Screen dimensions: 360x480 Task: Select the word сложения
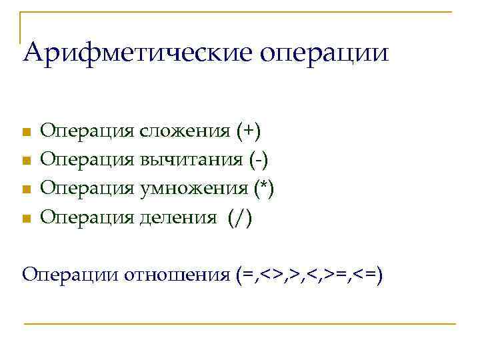186,131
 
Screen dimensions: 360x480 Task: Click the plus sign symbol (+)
249,131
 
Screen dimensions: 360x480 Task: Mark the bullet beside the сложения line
26,132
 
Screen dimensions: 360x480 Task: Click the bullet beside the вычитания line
26,161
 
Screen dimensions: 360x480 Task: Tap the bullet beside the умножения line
26,189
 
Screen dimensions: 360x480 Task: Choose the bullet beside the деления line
26,218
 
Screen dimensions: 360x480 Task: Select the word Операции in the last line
71,275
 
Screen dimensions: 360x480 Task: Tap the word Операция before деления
87,217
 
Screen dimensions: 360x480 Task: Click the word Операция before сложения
87,131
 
